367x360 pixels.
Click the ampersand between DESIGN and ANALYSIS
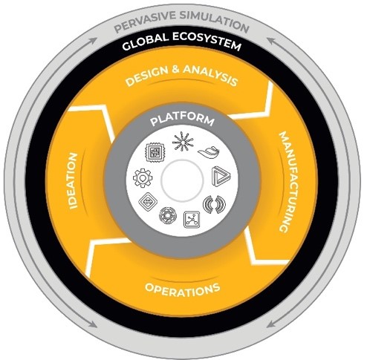coord(175,69)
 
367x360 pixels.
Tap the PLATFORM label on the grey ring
coord(182,120)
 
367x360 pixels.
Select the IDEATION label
coord(73,181)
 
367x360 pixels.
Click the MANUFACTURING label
coord(289,182)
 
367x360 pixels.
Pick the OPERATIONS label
coord(183,289)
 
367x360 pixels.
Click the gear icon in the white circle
coord(143,177)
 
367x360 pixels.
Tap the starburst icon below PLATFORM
coord(183,141)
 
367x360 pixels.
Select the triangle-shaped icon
coord(221,176)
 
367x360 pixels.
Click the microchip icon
coord(155,152)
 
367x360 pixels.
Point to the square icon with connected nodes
coord(192,219)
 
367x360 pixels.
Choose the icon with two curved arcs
coord(215,204)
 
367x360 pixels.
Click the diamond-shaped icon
coord(148,201)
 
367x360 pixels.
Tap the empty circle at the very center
coord(182,180)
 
